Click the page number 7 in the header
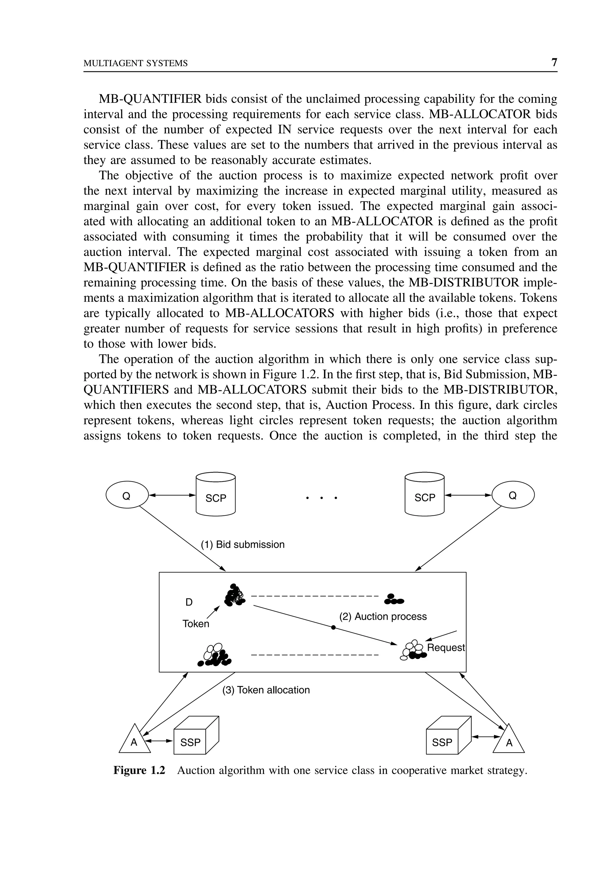pos(554,62)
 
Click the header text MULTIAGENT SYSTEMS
pos(136,63)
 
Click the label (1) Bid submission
pos(243,545)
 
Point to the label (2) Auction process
pos(383,617)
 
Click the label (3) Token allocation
pos(266,690)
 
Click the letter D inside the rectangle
pos(189,602)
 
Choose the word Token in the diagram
pos(196,624)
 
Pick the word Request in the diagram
pos(446,648)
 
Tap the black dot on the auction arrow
pos(333,627)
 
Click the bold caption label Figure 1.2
pos(139,771)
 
